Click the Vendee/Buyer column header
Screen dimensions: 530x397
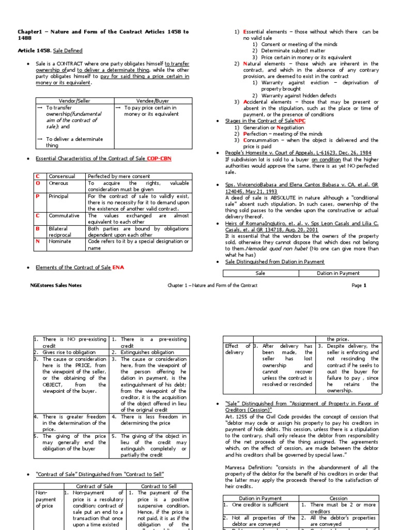(151, 101)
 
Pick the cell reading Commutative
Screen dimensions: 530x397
(64, 216)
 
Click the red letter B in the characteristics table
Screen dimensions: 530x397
(37, 228)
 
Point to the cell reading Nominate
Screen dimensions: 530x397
(59, 241)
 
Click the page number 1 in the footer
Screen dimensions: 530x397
(364, 285)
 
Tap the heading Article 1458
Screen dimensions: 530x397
(35, 51)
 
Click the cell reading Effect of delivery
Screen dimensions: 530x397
(237, 349)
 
